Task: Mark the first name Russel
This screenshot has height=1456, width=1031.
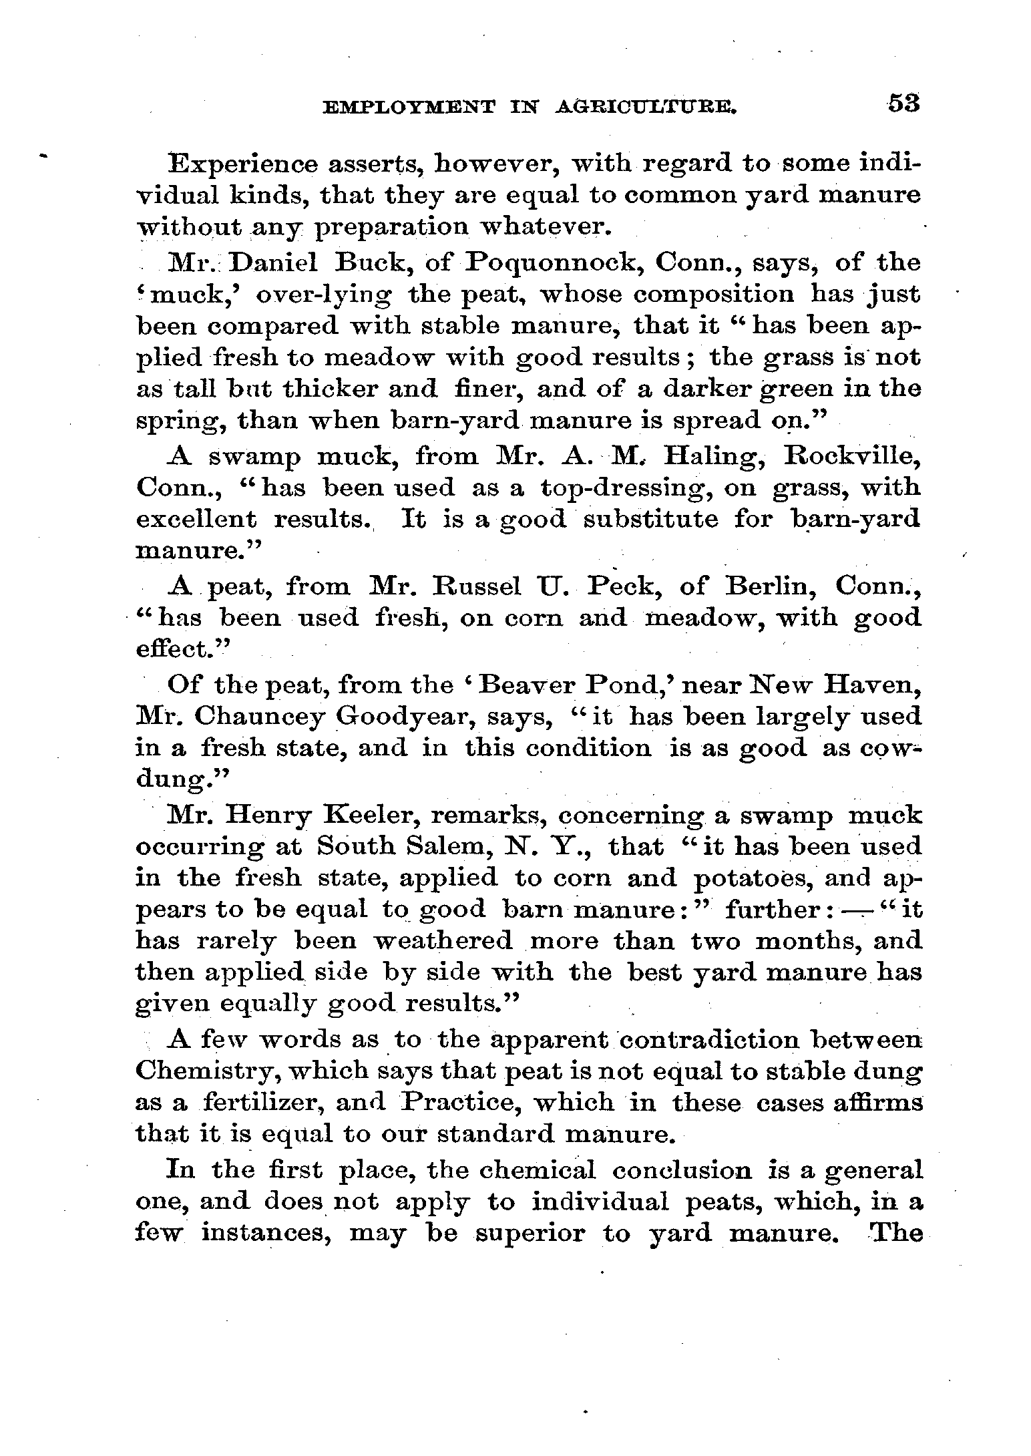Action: pyautogui.click(x=479, y=586)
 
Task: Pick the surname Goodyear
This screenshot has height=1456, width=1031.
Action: pyautogui.click(x=407, y=717)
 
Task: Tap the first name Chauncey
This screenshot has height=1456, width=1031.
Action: pyautogui.click(x=260, y=717)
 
